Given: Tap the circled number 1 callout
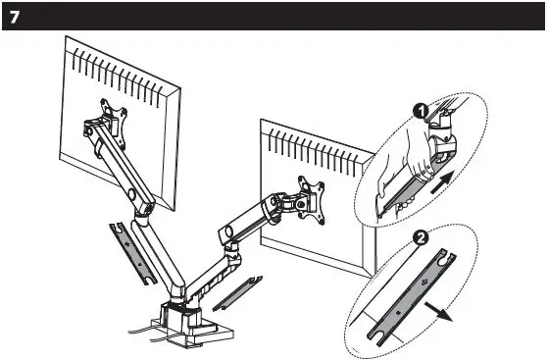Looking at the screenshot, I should [x=420, y=113].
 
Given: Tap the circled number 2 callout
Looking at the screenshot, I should [x=421, y=235].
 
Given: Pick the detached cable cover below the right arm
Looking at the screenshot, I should [x=237, y=290].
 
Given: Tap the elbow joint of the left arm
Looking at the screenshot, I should [x=144, y=207].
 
